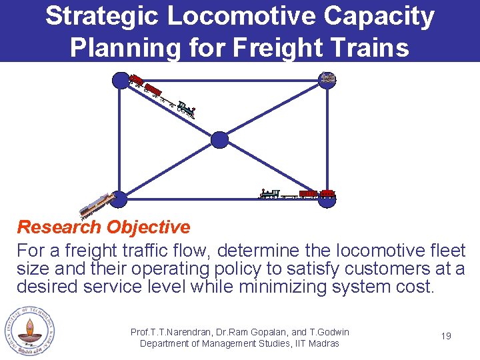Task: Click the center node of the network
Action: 219,139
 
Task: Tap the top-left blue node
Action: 120,81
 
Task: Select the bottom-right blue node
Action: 327,200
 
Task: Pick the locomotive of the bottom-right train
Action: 269,194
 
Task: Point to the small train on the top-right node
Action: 327,78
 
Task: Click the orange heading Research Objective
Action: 103,227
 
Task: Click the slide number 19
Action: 446,336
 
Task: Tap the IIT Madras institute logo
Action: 29,331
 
